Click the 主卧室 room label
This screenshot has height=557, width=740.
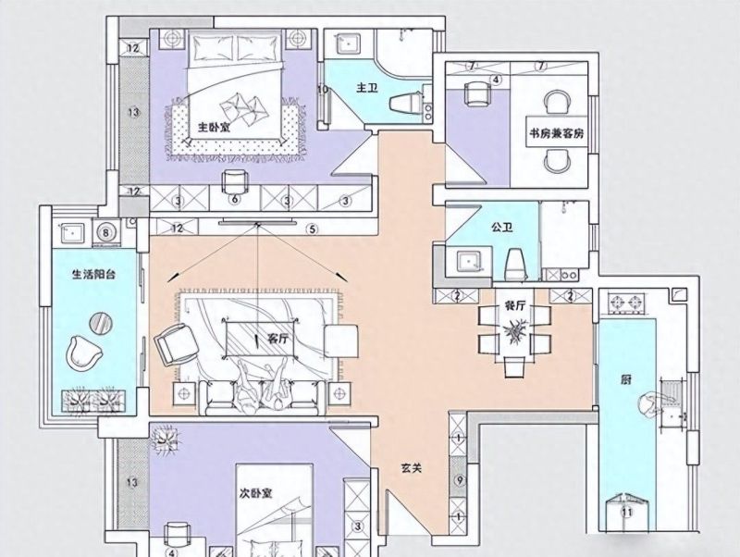214,127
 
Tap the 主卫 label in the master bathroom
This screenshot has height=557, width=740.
367,88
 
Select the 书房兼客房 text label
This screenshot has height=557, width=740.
557,133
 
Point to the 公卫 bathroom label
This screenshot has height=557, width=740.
501,228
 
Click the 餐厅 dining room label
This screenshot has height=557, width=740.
515,306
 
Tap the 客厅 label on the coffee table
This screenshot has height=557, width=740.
277,339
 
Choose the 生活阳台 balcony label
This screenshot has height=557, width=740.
94,274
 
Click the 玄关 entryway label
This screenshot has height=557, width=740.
412,468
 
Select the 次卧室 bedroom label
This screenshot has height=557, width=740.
255,493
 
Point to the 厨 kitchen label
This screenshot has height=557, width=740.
626,379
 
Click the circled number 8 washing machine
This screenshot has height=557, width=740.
106,233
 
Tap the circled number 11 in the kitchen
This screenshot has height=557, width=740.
627,513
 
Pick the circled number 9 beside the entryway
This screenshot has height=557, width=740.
459,480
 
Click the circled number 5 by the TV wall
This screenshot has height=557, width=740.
312,229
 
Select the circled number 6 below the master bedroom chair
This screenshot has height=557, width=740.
235,200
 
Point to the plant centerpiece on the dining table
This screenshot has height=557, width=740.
515,328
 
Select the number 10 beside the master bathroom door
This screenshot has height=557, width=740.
323,89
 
